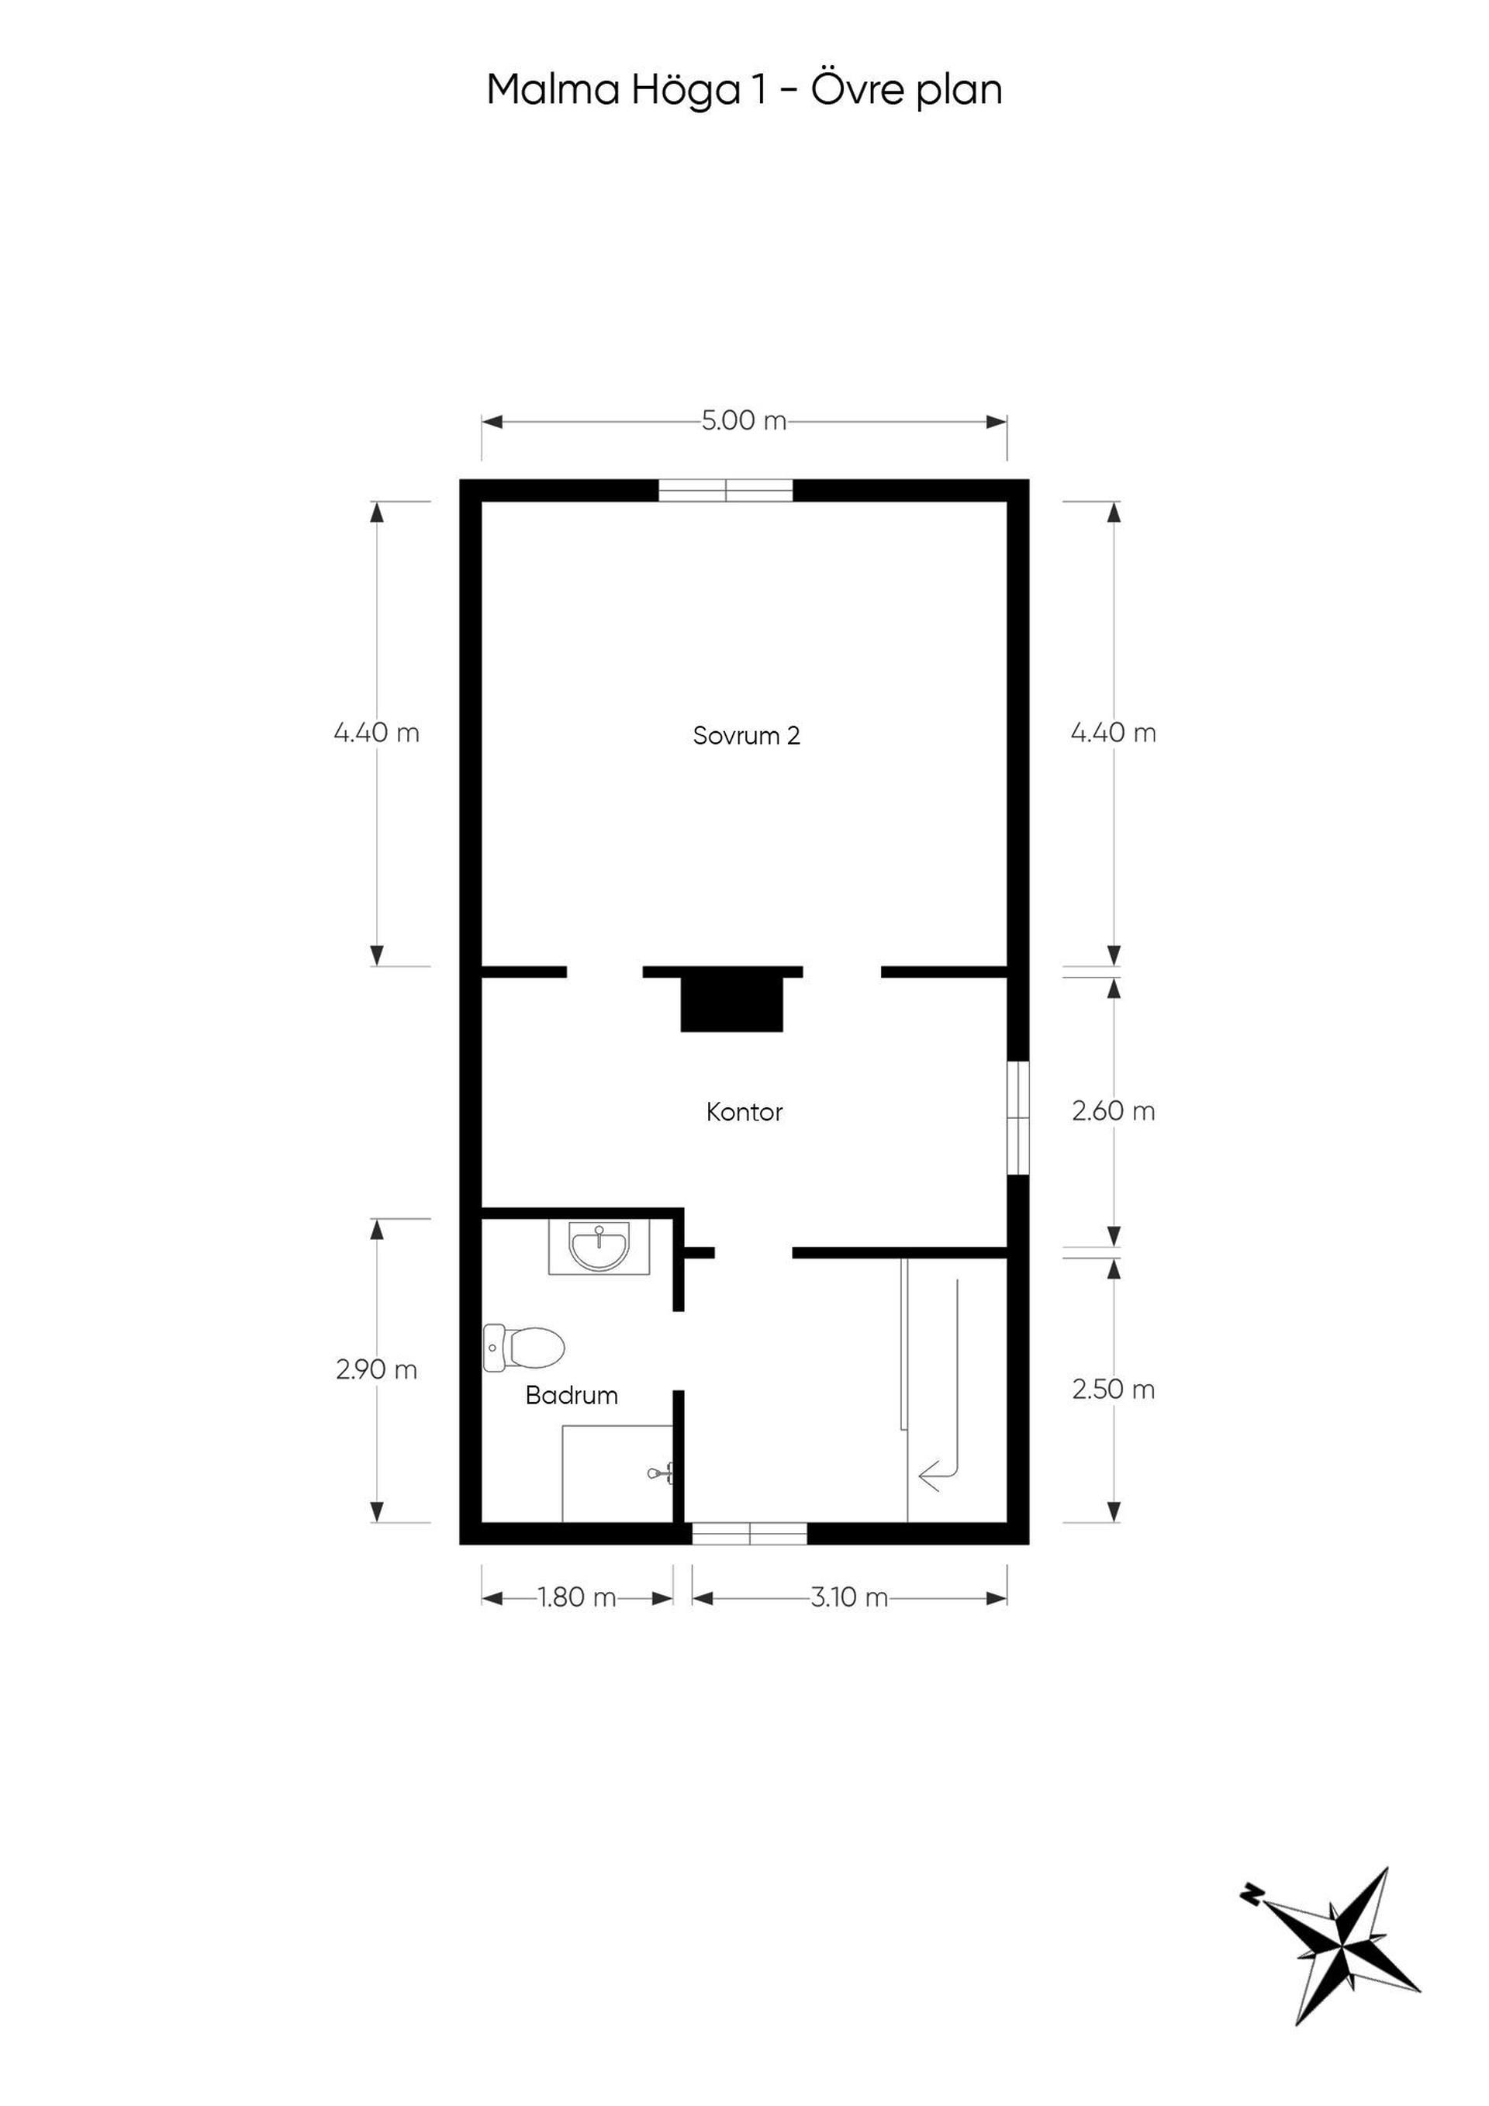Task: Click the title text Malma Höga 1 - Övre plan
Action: (x=744, y=91)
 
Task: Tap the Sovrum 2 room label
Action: (x=747, y=736)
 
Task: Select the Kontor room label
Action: (x=744, y=1113)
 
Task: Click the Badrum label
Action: (x=572, y=1396)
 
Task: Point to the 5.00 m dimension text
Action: (x=744, y=421)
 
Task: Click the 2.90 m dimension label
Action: (x=376, y=1370)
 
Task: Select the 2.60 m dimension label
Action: (x=1114, y=1112)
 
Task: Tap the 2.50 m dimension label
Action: (x=1114, y=1390)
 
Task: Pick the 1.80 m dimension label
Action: (x=577, y=1598)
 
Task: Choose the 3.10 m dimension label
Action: (x=849, y=1598)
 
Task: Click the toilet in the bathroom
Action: (x=523, y=1349)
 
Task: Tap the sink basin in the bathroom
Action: (x=599, y=1248)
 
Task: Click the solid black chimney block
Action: (x=732, y=1004)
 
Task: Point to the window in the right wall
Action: (x=1018, y=1118)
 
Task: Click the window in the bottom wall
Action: (x=750, y=1535)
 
